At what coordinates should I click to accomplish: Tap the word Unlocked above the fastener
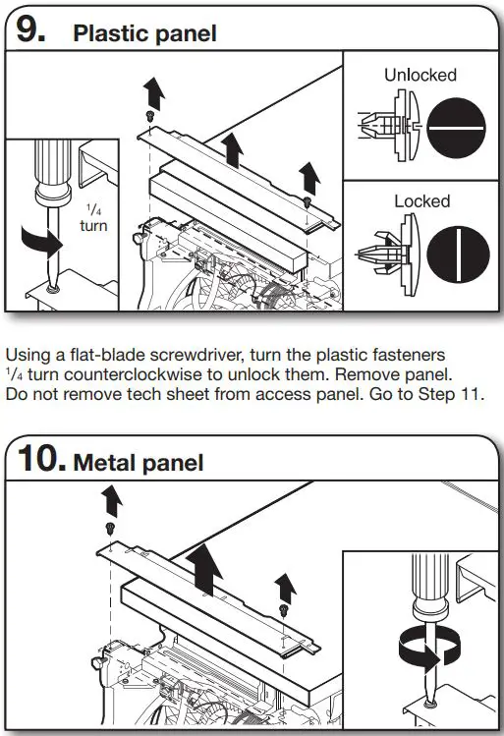pos(420,75)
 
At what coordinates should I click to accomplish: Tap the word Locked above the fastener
pos(421,201)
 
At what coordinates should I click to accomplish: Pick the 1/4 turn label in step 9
pos(93,217)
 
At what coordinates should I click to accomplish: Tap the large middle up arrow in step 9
pos(232,150)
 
